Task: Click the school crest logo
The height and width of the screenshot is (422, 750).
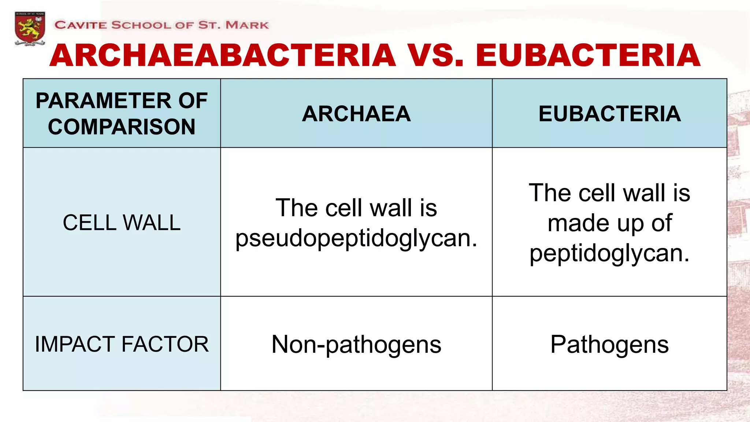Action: click(30, 29)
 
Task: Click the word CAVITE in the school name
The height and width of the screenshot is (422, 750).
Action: click(81, 25)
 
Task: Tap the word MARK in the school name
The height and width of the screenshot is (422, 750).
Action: click(247, 25)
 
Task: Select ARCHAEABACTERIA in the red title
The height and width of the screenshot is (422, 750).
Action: click(223, 56)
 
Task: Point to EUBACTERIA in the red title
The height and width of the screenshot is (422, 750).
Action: click(588, 56)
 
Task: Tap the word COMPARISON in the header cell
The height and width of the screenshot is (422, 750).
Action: click(122, 127)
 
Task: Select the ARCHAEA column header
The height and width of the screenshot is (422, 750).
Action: click(356, 114)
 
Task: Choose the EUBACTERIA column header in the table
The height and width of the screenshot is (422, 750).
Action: click(609, 114)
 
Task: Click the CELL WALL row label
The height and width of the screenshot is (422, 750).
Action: click(122, 223)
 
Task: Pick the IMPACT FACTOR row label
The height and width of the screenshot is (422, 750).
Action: click(122, 344)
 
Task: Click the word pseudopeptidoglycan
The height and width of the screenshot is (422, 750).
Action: click(356, 238)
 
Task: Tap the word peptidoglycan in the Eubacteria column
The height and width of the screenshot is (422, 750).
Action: click(609, 253)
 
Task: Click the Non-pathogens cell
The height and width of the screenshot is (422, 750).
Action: click(356, 344)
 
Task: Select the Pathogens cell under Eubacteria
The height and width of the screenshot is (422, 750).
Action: click(609, 344)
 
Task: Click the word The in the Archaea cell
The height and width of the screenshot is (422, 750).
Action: click(296, 208)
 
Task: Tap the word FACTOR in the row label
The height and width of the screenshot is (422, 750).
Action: click(165, 344)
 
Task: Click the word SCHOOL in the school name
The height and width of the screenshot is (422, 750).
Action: click(141, 25)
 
